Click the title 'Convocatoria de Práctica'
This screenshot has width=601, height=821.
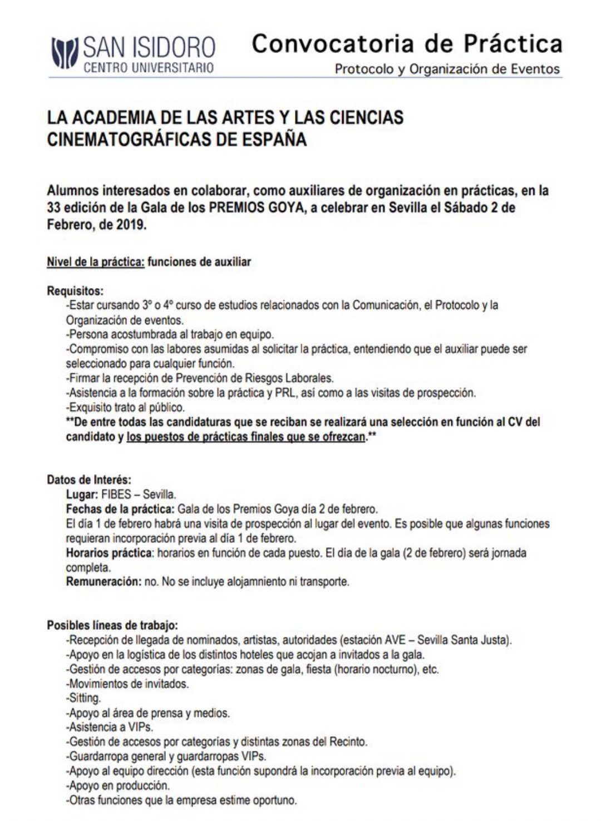pyautogui.click(x=406, y=43)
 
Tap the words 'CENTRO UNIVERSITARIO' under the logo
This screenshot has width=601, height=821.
pyautogui.click(x=148, y=68)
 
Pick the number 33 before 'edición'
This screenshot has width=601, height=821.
pyautogui.click(x=53, y=209)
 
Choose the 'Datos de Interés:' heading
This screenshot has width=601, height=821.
pyautogui.click(x=89, y=479)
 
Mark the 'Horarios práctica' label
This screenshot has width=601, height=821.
pyautogui.click(x=109, y=553)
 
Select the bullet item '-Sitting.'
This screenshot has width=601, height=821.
pyautogui.click(x=83, y=698)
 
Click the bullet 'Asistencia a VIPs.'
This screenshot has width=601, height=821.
pyautogui.click(x=111, y=727)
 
